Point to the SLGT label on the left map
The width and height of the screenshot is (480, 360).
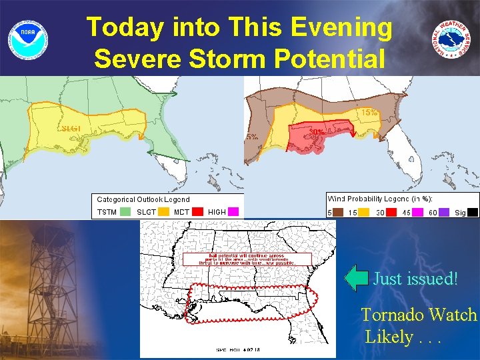[x=71, y=129]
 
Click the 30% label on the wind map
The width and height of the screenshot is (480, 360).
[x=317, y=133]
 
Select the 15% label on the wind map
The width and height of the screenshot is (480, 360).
[x=369, y=113]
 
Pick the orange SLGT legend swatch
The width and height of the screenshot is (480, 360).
[x=163, y=212]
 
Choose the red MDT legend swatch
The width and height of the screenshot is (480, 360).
[x=198, y=212]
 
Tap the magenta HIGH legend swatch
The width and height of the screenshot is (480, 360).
[x=233, y=212]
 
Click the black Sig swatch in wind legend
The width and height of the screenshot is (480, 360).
[x=472, y=212]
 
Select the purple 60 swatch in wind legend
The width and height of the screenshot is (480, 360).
[x=445, y=212]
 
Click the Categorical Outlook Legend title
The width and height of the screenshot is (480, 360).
[x=143, y=199]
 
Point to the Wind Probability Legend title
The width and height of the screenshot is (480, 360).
[x=381, y=199]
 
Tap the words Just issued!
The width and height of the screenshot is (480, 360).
[x=415, y=278]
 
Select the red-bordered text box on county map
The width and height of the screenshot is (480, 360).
[x=247, y=259]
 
